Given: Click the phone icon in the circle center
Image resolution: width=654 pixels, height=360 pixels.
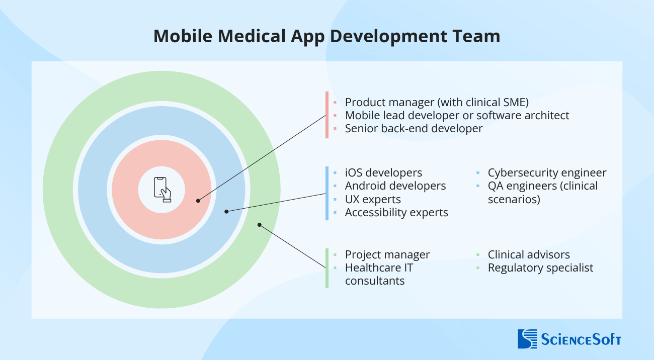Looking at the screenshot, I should pyautogui.click(x=162, y=190).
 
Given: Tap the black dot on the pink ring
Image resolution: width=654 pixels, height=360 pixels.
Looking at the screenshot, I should pyautogui.click(x=198, y=201).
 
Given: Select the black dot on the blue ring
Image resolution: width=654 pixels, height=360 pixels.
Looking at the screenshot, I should pyautogui.click(x=226, y=211).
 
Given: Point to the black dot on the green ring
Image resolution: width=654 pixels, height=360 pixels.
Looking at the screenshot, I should pyautogui.click(x=260, y=225).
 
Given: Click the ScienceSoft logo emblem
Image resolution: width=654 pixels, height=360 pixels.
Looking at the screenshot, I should pyautogui.click(x=527, y=338).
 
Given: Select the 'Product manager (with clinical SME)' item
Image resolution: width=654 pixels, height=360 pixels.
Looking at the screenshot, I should pyautogui.click(x=437, y=102).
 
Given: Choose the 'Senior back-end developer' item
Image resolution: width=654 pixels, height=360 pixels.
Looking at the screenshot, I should pyautogui.click(x=414, y=128).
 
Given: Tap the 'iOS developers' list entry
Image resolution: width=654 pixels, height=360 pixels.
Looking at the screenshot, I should pyautogui.click(x=383, y=172).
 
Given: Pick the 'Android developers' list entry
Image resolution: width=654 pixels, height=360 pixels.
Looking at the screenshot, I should pyautogui.click(x=395, y=186).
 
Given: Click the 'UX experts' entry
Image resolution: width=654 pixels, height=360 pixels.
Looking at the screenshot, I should pyautogui.click(x=373, y=199).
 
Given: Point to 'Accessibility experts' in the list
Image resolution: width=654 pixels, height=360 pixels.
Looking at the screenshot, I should pyautogui.click(x=396, y=212).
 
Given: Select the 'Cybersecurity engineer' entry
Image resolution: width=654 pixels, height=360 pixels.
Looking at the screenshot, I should pyautogui.click(x=547, y=172).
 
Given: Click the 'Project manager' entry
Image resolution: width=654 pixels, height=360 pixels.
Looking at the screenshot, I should pyautogui.click(x=387, y=254).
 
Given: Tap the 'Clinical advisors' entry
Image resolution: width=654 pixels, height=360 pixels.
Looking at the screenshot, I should pyautogui.click(x=529, y=254).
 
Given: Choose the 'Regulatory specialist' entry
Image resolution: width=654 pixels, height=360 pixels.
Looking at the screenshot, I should pyautogui.click(x=540, y=267).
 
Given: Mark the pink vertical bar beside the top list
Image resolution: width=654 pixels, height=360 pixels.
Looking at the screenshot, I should pyautogui.click(x=327, y=115).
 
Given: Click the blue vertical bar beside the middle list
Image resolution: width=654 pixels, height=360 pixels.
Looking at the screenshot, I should pyautogui.click(x=327, y=193).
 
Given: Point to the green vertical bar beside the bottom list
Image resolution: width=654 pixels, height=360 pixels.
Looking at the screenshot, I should pyautogui.click(x=327, y=268).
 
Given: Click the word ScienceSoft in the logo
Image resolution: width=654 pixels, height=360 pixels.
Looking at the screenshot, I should pyautogui.click(x=581, y=339).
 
